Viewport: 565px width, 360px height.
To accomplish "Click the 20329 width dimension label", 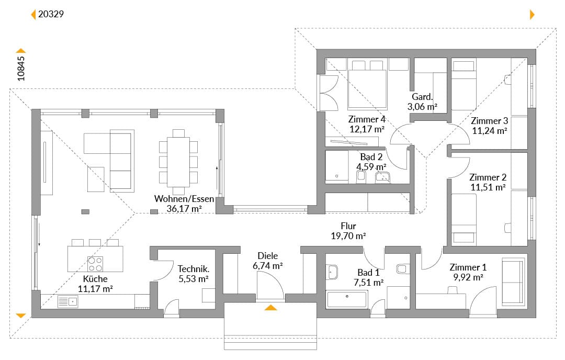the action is [x=51, y=14].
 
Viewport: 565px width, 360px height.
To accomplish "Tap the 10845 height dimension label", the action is [x=21, y=69].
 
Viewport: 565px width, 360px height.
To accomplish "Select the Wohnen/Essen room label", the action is [x=184, y=198].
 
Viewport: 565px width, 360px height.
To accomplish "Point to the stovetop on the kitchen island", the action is [x=96, y=264].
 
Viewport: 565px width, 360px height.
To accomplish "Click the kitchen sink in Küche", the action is [x=67, y=301].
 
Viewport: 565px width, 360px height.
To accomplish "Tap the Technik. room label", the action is [x=194, y=269].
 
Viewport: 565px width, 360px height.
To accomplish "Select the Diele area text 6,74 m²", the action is [x=268, y=266].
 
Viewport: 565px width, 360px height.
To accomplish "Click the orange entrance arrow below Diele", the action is [x=270, y=307].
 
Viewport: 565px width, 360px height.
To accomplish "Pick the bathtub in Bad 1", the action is [x=347, y=300].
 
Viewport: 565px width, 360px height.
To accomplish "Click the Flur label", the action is [x=348, y=226].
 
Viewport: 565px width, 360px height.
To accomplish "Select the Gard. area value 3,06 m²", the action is [x=422, y=107].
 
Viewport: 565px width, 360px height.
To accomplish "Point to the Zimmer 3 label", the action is [x=489, y=121].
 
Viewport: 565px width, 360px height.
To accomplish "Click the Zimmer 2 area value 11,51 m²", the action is [x=488, y=187].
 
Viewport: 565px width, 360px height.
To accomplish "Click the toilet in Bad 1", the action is [x=402, y=268].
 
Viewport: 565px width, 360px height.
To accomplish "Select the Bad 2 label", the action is [x=371, y=157].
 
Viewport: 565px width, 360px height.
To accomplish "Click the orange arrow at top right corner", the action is [x=532, y=15].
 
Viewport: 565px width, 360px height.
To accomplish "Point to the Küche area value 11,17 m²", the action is [x=96, y=289].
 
